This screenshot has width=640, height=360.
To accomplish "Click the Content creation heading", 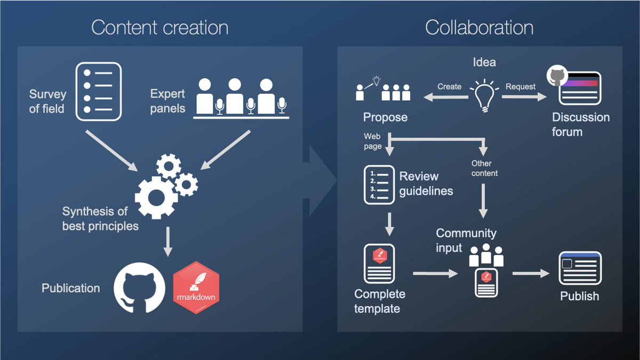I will (159, 28).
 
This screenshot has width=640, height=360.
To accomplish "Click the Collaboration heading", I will (479, 28).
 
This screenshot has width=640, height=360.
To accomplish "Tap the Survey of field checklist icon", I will (98, 91).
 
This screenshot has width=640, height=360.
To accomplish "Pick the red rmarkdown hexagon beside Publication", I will (196, 287).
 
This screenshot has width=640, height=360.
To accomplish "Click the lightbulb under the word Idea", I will (484, 94).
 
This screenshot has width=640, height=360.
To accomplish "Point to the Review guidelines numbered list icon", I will (379, 185).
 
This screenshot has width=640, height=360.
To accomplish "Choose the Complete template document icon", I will (379, 264).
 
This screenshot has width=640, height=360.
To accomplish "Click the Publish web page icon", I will (580, 268).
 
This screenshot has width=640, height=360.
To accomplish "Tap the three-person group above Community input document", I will (486, 255).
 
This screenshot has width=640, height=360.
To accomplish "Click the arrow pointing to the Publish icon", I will (531, 274).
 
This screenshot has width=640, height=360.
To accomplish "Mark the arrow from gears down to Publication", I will (168, 241).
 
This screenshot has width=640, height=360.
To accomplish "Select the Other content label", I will (484, 168).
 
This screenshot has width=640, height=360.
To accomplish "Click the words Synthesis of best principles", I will (100, 218).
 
